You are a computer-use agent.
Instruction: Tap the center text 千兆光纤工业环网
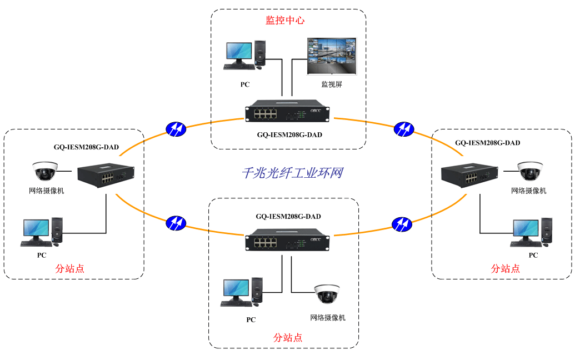click(x=292, y=173)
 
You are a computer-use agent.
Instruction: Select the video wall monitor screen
click(x=332, y=56)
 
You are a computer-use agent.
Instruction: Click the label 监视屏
click(x=332, y=84)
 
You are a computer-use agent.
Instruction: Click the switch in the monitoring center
click(x=288, y=112)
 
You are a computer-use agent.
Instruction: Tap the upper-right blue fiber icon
click(x=404, y=128)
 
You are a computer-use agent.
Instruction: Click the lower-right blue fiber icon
click(x=402, y=223)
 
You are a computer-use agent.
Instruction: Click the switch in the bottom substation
click(x=288, y=240)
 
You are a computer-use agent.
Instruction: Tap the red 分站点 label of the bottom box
click(x=288, y=337)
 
